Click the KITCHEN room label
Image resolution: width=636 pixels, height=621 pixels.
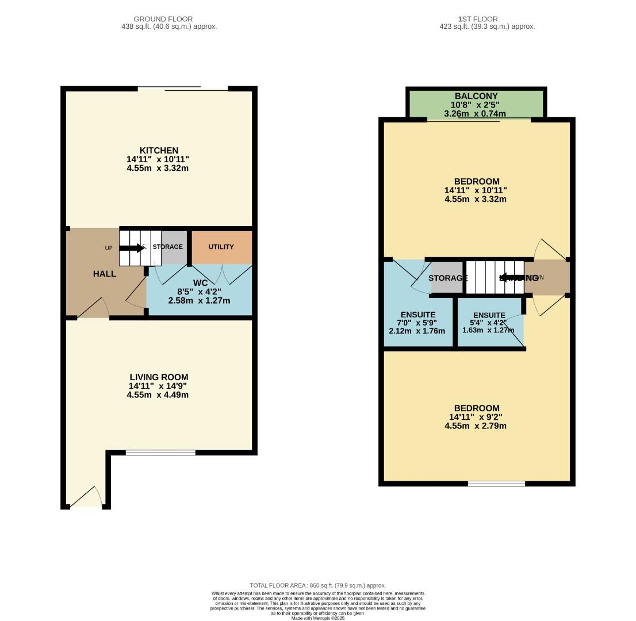(158, 151)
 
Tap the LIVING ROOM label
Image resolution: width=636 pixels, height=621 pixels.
(158, 377)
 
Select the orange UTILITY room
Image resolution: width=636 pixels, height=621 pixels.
(221, 247)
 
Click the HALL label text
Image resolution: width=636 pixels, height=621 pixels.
(105, 274)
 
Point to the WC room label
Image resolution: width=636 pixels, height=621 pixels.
(200, 283)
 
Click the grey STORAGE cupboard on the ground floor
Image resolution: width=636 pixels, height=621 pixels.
(173, 247)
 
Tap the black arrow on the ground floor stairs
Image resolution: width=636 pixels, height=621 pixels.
(132, 248)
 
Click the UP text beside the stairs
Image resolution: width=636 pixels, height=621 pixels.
(109, 248)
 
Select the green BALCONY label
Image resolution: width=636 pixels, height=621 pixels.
(476, 96)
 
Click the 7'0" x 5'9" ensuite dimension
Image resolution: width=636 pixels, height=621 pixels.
(417, 323)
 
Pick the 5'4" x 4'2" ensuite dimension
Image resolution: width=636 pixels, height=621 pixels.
(488, 323)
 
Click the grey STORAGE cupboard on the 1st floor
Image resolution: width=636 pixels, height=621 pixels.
(447, 278)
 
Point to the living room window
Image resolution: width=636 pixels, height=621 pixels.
(160, 453)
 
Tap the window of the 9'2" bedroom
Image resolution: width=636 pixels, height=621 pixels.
(496, 484)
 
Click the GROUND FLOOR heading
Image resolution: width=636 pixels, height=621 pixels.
(163, 19)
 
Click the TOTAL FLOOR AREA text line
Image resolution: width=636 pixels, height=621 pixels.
(317, 585)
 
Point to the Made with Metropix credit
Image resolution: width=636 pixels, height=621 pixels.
(317, 618)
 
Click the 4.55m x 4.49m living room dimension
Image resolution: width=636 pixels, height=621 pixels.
(158, 395)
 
